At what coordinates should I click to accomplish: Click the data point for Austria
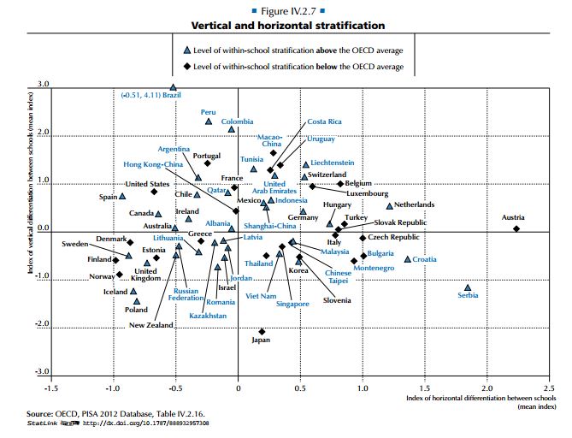(x=516, y=228)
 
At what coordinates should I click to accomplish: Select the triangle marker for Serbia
(x=468, y=288)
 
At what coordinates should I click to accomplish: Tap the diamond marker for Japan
(x=262, y=331)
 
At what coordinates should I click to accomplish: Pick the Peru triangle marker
(x=209, y=121)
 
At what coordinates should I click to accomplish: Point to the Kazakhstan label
(x=208, y=316)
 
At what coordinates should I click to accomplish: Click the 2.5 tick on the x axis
(x=549, y=388)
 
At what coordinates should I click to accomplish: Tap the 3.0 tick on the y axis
(x=43, y=85)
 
